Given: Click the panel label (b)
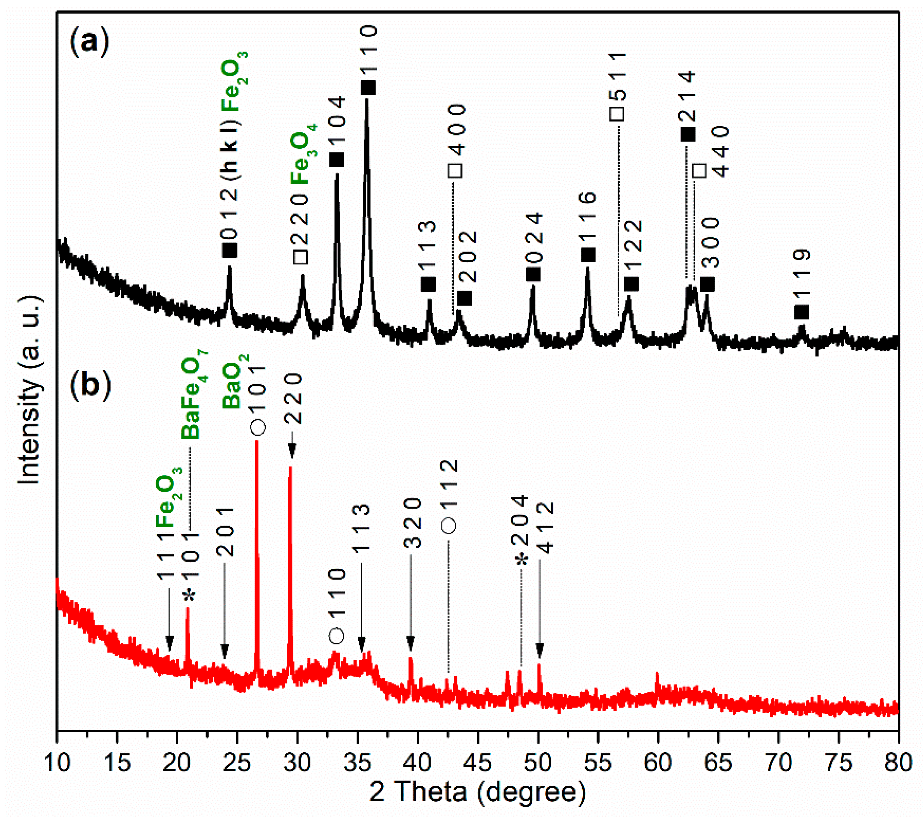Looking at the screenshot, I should tap(90, 385).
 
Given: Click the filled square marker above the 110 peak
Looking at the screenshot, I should tap(368, 88).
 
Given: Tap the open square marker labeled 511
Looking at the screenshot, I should tap(617, 114).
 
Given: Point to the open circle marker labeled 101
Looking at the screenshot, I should tap(258, 427).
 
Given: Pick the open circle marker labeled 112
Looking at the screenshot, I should tap(449, 525).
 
